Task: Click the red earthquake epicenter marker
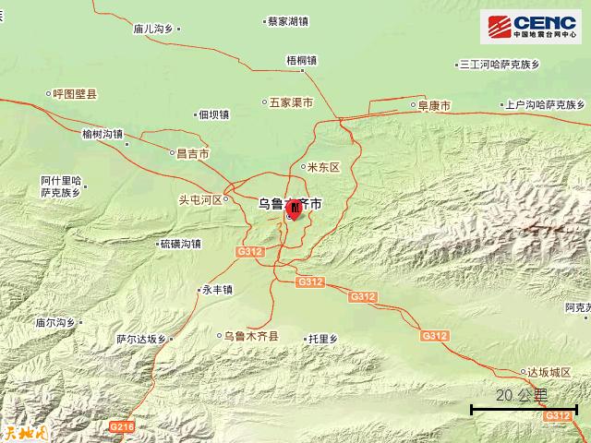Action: (x=294, y=209)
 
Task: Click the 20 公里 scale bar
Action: (x=524, y=407)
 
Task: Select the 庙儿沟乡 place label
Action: (x=152, y=30)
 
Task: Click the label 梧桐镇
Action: (x=301, y=61)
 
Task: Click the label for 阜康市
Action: (x=432, y=106)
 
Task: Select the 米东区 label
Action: (x=322, y=167)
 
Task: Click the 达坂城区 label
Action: (x=550, y=372)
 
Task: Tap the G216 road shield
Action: (x=122, y=426)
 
